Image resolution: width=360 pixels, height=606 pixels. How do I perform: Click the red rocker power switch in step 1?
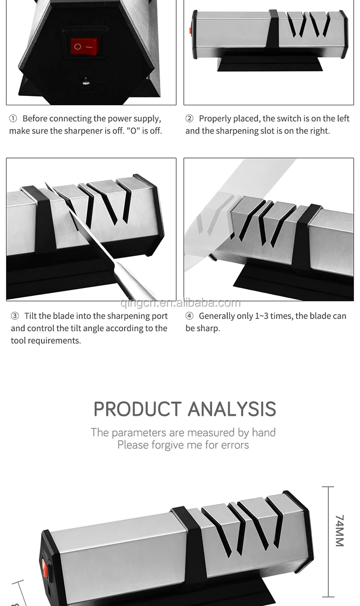pos(84,47)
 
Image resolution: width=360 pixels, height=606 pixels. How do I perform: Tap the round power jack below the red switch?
pos(86,81)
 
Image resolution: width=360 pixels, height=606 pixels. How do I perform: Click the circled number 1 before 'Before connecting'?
pos(13,119)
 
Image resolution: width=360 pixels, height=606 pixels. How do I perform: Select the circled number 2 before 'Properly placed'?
pos(189,119)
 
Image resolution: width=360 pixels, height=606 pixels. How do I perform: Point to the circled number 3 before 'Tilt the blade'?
pos(15,316)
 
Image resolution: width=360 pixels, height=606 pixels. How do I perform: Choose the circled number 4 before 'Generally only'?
pos(189,316)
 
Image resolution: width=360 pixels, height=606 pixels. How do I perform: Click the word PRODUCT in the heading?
pos(137,409)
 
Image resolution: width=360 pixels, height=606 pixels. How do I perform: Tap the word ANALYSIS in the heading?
pos(232,409)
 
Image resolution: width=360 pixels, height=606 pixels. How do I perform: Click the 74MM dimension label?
pos(339,531)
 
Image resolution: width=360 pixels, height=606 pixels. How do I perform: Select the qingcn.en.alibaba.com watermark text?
pos(180,303)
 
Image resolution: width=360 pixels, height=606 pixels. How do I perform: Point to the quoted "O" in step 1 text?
pos(133,131)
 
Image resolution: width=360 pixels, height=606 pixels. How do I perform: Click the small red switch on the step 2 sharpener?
pos(190,31)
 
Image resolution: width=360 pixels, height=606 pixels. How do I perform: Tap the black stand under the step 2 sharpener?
pos(270,63)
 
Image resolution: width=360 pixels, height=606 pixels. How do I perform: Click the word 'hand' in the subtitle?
pos(264,432)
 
